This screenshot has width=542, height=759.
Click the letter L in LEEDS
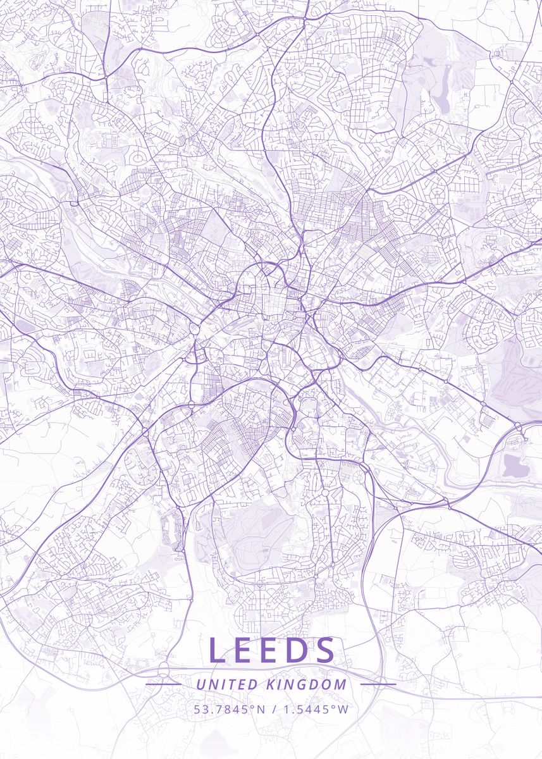pos(217,650)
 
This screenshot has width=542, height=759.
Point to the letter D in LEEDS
pos(298,650)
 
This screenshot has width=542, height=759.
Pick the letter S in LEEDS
pos(324,650)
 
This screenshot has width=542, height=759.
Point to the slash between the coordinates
pos(274,709)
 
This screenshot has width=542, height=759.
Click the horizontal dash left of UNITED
pos(163,684)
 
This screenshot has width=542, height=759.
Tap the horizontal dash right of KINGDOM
pos(378,684)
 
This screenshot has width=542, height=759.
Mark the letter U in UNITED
pos(200,684)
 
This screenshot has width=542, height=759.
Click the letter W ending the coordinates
pos(343,709)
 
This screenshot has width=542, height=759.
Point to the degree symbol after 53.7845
pos(252,706)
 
